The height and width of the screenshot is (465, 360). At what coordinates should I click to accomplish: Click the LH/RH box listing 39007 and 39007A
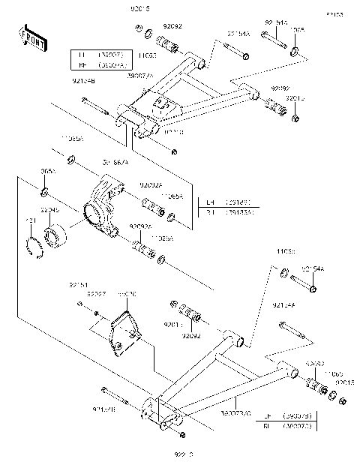click(x=101, y=60)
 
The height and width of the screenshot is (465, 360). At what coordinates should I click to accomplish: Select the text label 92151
click(x=79, y=284)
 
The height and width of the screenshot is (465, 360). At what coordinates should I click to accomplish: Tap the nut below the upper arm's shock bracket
click(x=174, y=153)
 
